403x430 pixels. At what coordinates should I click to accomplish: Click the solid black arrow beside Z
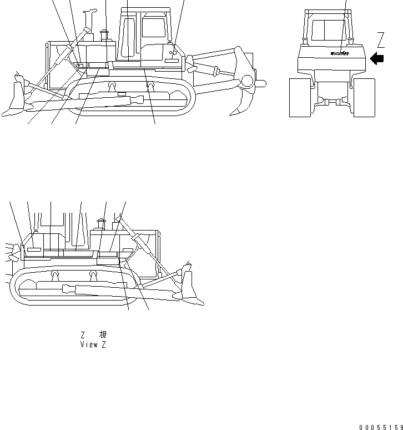[377, 58]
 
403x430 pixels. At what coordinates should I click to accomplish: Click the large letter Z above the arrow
[381, 40]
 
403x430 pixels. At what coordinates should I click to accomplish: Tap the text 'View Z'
[93, 344]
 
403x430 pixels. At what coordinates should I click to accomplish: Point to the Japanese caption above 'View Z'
[93, 335]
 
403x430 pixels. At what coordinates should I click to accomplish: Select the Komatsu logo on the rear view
[340, 54]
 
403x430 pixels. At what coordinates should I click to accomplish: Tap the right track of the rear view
[364, 97]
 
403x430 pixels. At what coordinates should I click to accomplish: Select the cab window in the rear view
[328, 31]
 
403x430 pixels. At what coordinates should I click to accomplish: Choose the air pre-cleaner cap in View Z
[100, 224]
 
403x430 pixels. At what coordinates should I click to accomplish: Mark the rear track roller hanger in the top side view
[150, 86]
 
